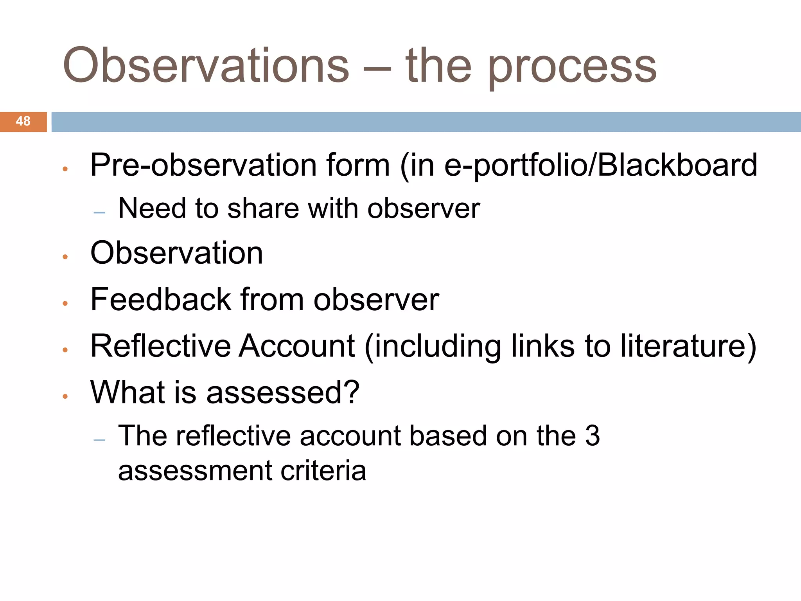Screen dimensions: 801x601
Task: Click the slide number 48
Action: pos(23,121)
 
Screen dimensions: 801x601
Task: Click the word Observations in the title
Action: pos(206,65)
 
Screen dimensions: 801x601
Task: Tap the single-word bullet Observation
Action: pos(176,253)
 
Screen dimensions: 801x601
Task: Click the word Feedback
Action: pos(161,300)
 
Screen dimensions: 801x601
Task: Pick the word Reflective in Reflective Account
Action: pos(161,346)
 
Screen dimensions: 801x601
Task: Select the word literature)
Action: pos(689,347)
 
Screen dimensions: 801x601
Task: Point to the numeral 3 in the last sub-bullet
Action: pos(592,436)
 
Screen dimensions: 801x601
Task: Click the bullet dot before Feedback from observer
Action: pos(65,303)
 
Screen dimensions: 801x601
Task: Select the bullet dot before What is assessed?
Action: pos(65,396)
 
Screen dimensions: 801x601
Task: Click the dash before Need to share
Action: pos(100,213)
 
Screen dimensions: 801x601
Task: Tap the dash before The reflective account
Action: pos(100,440)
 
